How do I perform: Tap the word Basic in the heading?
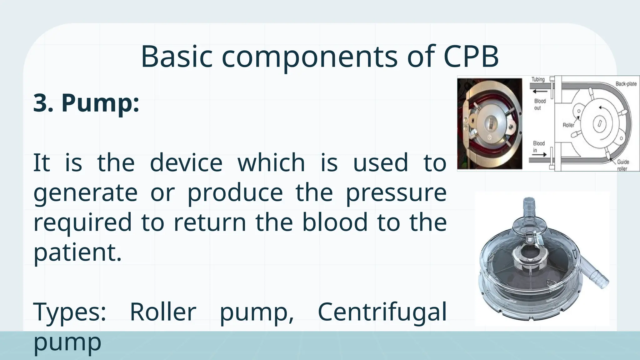[x=177, y=57]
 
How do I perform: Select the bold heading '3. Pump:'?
[x=86, y=103]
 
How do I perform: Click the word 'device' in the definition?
[x=186, y=162]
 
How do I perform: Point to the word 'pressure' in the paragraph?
[x=396, y=193]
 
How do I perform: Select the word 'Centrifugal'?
[x=382, y=312]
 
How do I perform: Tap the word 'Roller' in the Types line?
[x=163, y=312]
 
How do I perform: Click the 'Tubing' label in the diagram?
[x=538, y=80]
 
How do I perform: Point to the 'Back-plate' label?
[x=626, y=84]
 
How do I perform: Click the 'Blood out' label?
[x=540, y=104]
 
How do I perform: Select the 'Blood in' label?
[x=538, y=147]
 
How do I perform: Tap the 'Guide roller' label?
[x=623, y=165]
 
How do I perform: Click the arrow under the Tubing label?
[x=540, y=92]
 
